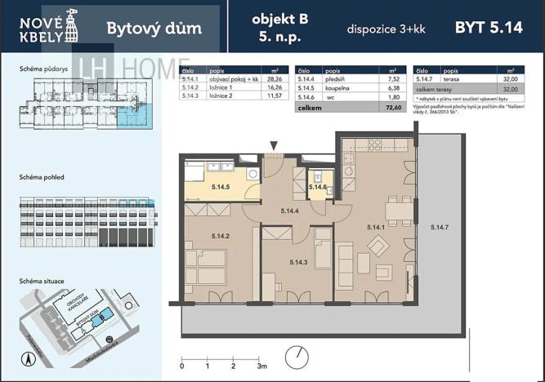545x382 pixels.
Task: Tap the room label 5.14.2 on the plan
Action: click(220, 236)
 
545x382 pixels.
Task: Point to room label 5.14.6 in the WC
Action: click(318, 187)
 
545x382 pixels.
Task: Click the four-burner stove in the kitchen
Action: click(375, 144)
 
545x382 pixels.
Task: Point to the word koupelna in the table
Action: click(337, 87)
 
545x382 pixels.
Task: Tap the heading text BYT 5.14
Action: click(489, 28)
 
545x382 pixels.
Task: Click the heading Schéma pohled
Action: click(42, 177)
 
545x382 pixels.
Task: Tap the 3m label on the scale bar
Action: click(262, 367)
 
